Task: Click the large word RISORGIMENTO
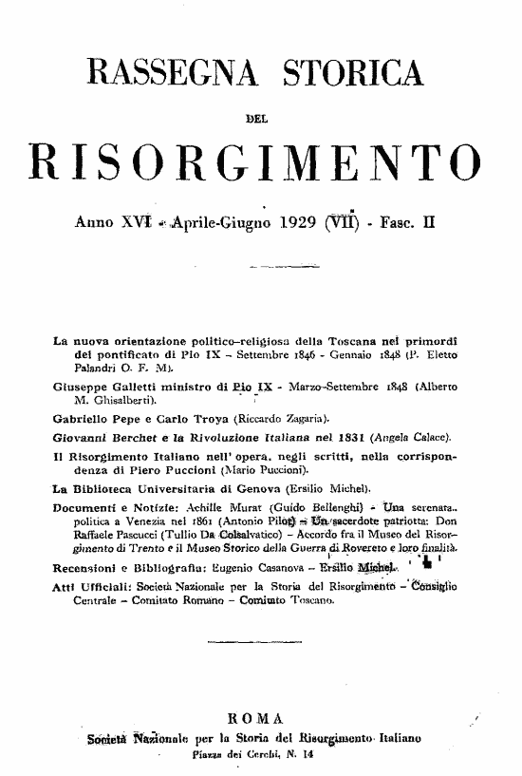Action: click(255, 166)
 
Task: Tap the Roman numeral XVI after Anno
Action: click(126, 228)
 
